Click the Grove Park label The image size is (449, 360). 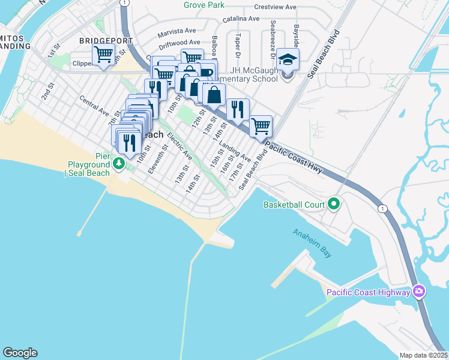204,5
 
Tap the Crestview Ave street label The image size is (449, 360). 275,7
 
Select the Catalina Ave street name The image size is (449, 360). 241,19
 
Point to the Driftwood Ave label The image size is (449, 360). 179,43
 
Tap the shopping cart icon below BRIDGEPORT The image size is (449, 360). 103,56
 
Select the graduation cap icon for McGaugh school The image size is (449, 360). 288,59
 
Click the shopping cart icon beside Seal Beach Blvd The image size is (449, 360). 261,126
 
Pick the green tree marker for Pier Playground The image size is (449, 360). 119,163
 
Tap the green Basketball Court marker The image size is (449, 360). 334,205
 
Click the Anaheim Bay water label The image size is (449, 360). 312,243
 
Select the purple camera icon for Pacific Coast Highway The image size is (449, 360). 419,292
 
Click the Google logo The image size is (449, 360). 20,353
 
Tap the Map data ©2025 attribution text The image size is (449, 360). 424,355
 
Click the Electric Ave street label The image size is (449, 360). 179,146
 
